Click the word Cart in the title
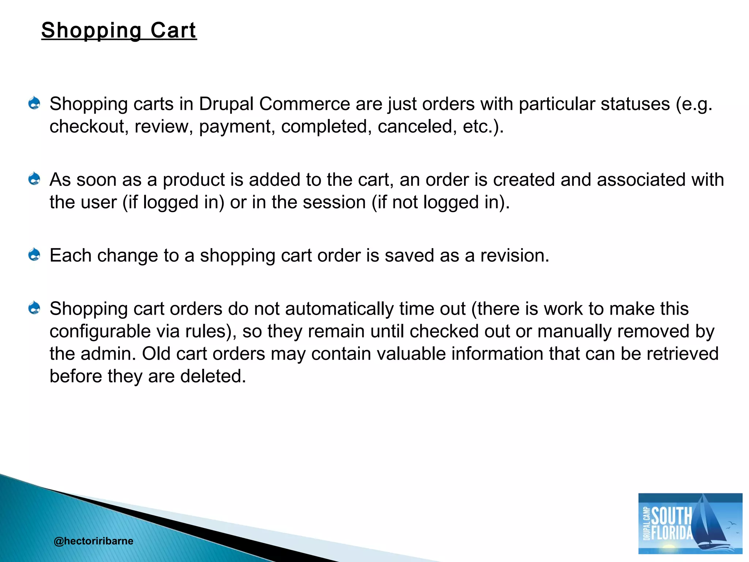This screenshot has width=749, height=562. click(x=173, y=30)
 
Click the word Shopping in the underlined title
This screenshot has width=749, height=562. click(x=91, y=31)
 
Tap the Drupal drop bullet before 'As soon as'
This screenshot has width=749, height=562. click(x=34, y=179)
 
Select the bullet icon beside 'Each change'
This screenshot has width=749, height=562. click(x=34, y=255)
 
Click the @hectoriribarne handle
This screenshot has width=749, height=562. click(x=93, y=541)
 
